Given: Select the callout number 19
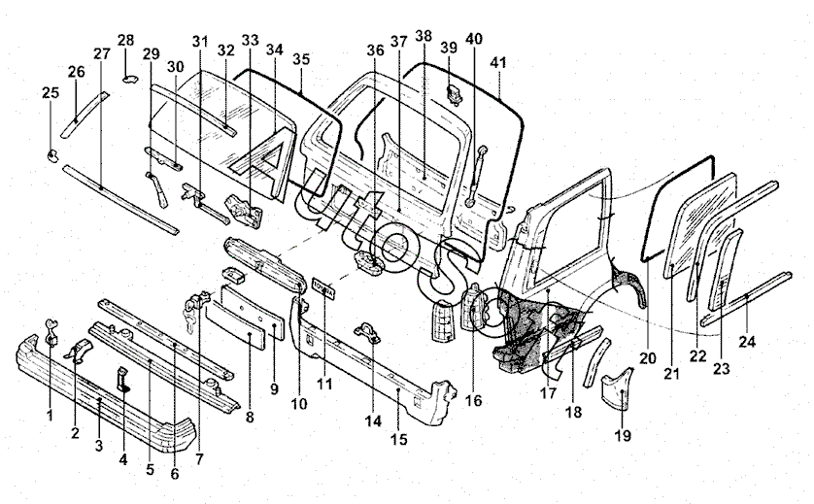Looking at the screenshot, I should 623,436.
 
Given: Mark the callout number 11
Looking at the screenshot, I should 324,384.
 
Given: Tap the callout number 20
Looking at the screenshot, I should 648,357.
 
